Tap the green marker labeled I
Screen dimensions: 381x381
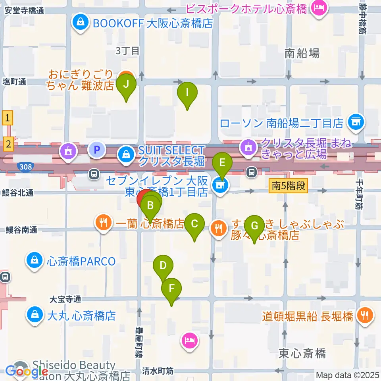tap(187, 93)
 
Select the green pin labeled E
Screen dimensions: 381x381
tap(222, 163)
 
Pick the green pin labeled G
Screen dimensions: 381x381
tap(254, 226)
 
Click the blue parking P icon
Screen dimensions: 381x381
tap(96, 150)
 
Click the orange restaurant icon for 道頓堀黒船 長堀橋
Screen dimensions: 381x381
tap(364, 316)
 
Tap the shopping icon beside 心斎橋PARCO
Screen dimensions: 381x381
tap(35, 261)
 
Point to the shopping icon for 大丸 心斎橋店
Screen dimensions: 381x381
tap(35, 315)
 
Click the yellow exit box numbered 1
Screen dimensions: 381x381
tap(8, 117)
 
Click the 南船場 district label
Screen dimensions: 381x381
tap(302, 53)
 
